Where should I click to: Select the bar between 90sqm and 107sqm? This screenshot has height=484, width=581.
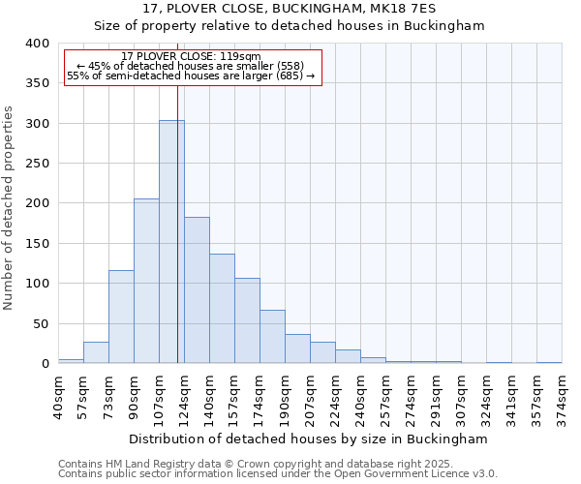coord(146,281)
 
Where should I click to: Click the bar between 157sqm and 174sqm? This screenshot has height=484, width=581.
coord(247,320)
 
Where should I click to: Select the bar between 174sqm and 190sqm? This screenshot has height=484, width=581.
coord(272,337)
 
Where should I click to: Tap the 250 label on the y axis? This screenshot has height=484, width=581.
coord(38,164)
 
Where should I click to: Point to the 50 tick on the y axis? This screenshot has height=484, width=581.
coord(42,323)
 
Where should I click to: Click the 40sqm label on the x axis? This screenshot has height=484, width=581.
coord(58,397)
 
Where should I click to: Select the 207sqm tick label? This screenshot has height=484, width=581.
coord(310,397)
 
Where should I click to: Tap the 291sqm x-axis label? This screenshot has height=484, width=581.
coord(436,397)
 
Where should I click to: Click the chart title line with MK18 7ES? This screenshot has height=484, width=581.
coord(289,8)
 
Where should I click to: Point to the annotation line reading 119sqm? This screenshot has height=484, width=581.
coord(191,56)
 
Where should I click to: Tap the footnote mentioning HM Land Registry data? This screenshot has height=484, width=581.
coord(277,464)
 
